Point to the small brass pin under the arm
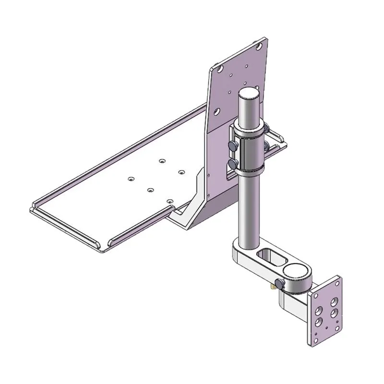click(x=273, y=287)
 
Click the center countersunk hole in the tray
click(x=150, y=190)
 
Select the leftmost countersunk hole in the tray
click(x=130, y=179)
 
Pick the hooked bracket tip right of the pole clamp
click(x=280, y=143)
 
